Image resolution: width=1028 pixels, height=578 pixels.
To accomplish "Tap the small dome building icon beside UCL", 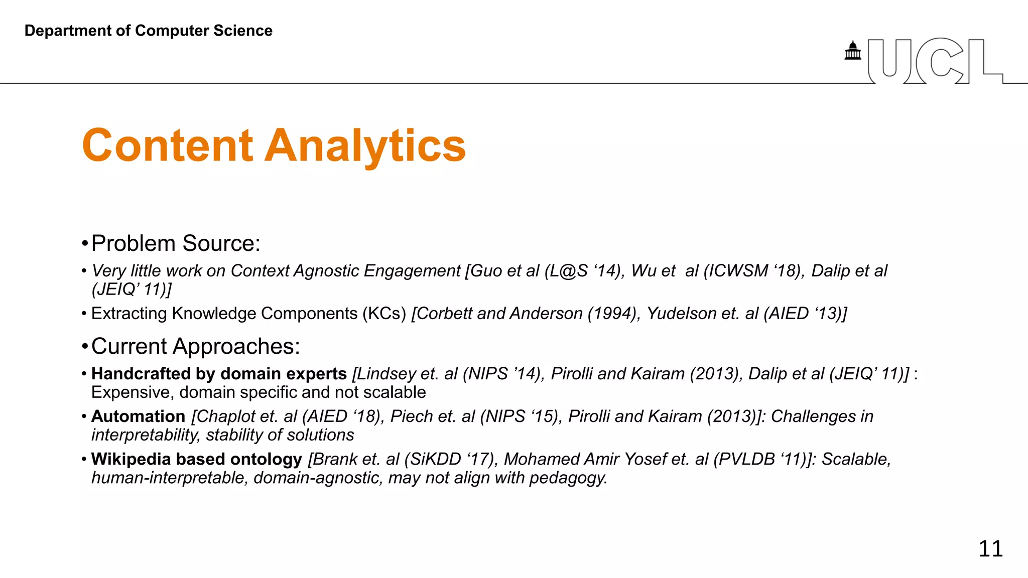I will [852, 51].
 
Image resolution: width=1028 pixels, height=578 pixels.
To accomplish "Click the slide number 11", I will [990, 549].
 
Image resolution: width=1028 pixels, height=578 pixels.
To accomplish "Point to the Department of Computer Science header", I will [149, 31].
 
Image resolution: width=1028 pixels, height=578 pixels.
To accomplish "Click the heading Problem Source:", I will [176, 243].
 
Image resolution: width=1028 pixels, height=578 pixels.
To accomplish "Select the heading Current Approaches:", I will [195, 346].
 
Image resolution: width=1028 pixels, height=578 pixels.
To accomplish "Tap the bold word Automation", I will [139, 416].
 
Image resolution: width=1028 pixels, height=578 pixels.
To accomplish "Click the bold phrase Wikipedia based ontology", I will [197, 459].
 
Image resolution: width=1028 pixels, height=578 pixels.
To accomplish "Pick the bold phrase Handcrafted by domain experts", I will [219, 374].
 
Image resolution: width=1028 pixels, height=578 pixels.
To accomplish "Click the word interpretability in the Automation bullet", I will [146, 435].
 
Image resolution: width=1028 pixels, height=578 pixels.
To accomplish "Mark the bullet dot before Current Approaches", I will [84, 347].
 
